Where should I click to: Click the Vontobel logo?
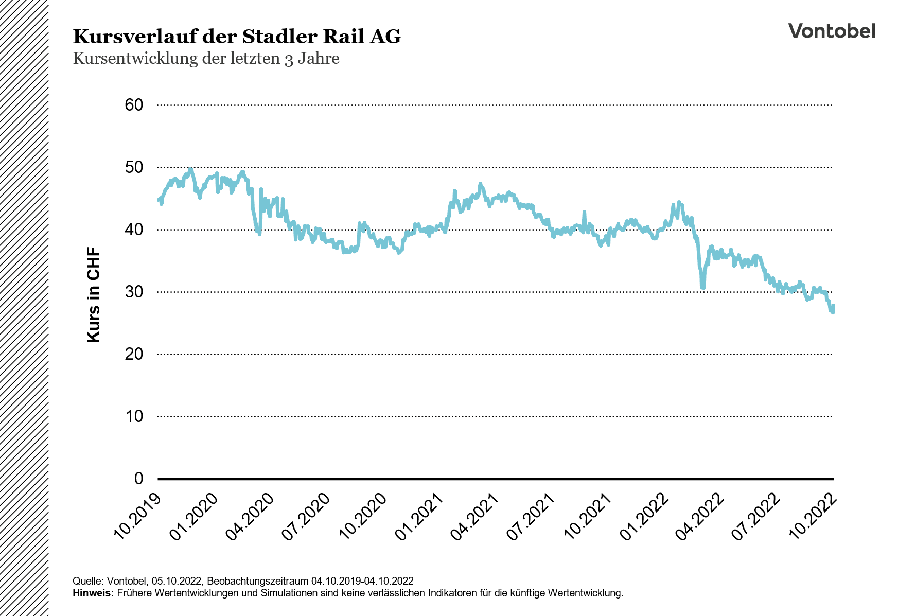[x=831, y=31]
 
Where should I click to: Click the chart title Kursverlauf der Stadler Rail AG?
[x=237, y=37]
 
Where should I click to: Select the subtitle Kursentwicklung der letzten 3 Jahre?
[x=206, y=59]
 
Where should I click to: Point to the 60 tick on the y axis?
[x=134, y=105]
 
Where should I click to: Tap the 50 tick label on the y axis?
[x=134, y=167]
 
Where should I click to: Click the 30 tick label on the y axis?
[x=134, y=292]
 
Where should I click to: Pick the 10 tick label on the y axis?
[x=134, y=416]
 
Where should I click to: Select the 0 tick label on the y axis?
[x=138, y=479]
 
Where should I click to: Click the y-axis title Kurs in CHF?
[x=94, y=294]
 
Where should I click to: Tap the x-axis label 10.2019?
[x=137, y=517]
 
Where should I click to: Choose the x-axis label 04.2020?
[x=250, y=517]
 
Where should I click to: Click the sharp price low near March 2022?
[x=702, y=287]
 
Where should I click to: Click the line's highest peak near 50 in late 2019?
[x=191, y=169]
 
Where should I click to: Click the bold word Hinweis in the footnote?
[x=93, y=593]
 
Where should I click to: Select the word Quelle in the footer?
[x=86, y=581]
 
